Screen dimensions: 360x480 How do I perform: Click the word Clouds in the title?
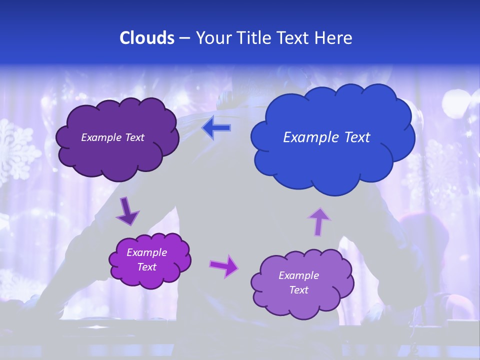[146, 38]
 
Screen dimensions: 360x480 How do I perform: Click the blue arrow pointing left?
[216, 128]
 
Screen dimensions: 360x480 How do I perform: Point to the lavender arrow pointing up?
[319, 221]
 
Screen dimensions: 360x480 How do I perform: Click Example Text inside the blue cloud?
[326, 137]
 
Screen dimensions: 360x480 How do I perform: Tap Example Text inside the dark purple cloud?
[112, 137]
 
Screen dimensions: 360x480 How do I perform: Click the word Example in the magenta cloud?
[146, 252]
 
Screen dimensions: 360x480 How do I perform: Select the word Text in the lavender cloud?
[298, 290]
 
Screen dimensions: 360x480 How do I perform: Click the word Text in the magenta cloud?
[146, 267]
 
